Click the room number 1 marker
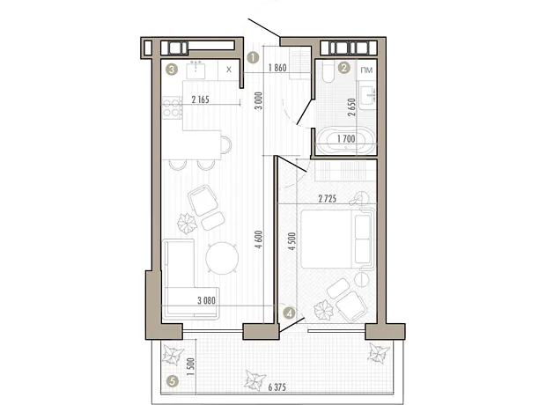pyautogui.click(x=253, y=57)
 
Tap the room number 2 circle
pyautogui.click(x=344, y=68)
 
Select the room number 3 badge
pyautogui.click(x=172, y=70)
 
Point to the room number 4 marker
pyautogui.click(x=290, y=313)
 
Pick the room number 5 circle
pyautogui.click(x=172, y=381)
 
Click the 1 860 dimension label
pyautogui.click(x=277, y=68)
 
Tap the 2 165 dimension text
pyautogui.click(x=201, y=99)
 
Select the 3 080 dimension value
pyautogui.click(x=206, y=300)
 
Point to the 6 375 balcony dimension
pyautogui.click(x=277, y=387)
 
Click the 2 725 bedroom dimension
pyautogui.click(x=328, y=199)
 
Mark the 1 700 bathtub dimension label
pyautogui.click(x=346, y=139)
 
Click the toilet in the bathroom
pyautogui.click(x=328, y=72)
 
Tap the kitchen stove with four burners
pyautogui.click(x=172, y=107)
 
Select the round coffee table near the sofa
pyautogui.click(x=222, y=258)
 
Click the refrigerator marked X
pyautogui.click(x=229, y=70)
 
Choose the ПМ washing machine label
pyautogui.click(x=367, y=70)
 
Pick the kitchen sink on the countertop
pyautogui.click(x=196, y=70)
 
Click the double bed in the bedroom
pyautogui.click(x=337, y=239)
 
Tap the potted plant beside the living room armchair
pyautogui.click(x=187, y=224)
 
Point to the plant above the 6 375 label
pyautogui.click(x=255, y=380)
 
